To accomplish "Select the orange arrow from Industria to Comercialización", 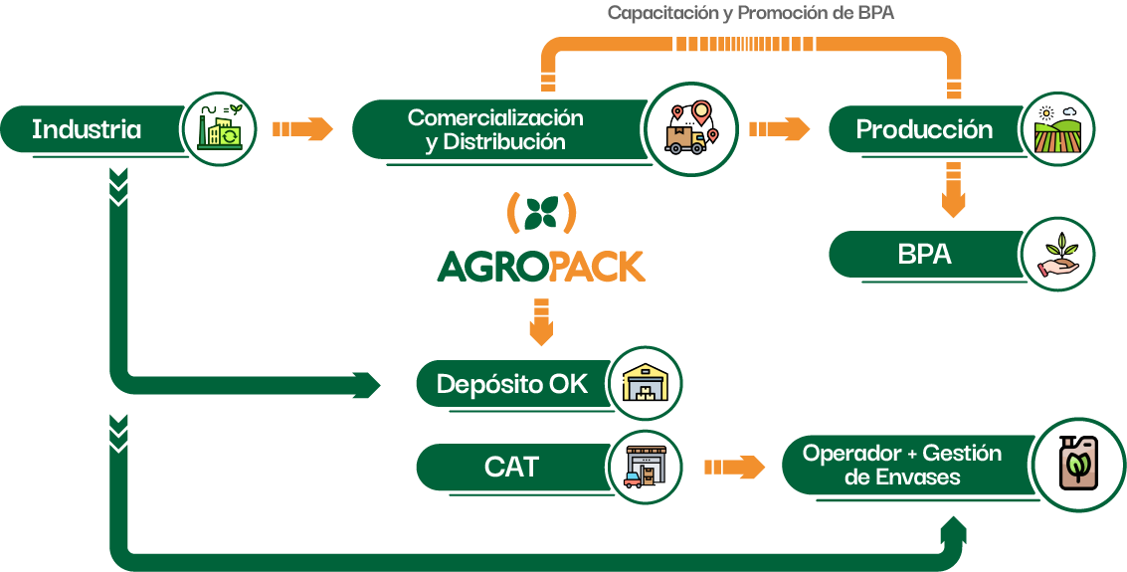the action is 302,129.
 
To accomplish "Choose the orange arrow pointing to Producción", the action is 779,129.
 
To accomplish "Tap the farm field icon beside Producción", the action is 1056,129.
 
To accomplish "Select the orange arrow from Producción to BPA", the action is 953,190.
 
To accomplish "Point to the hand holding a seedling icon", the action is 1056,255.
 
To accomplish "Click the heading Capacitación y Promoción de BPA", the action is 751,13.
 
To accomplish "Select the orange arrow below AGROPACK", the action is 541,319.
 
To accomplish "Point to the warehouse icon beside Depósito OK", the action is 644,384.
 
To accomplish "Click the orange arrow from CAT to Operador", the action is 734,468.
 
